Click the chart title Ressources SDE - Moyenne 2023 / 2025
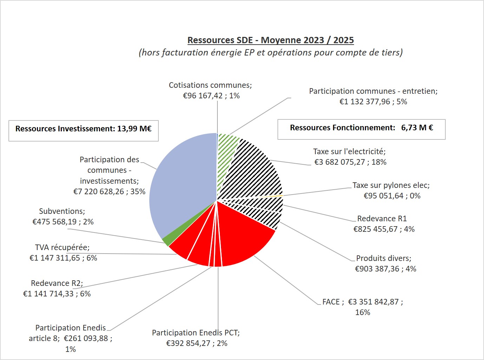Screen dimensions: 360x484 270,40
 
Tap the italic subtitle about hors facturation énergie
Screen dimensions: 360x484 270,53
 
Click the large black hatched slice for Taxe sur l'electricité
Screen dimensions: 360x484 256,172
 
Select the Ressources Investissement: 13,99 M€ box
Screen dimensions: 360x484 84,129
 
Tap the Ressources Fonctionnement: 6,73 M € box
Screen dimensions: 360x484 361,128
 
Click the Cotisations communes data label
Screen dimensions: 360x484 210,85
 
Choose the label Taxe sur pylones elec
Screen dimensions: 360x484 391,185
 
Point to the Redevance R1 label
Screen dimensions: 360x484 382,219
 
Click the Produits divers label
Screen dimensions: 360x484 384,258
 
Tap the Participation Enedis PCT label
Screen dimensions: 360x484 196,333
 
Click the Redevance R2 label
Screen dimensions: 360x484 57,283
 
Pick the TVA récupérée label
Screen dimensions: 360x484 62,248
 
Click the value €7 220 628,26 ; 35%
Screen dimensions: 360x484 109,192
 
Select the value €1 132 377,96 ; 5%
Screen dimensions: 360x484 373,102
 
